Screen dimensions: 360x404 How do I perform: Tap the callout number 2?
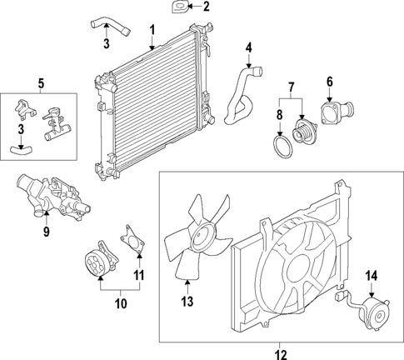click(x=207, y=7)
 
